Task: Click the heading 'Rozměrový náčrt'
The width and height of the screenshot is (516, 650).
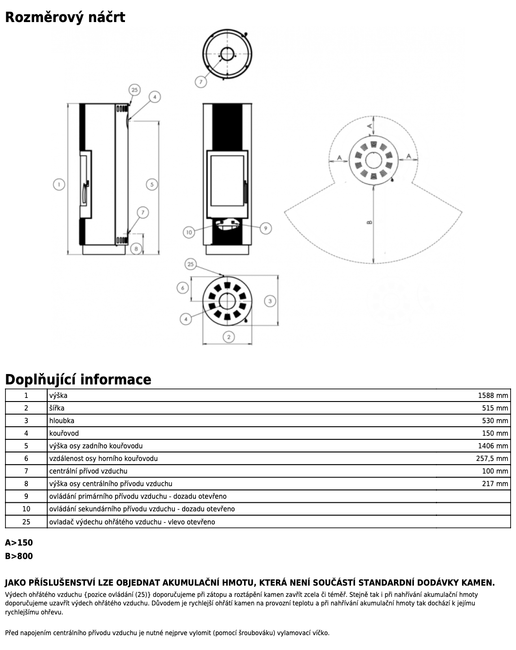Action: (x=65, y=18)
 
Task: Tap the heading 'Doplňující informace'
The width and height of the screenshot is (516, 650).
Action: (x=78, y=379)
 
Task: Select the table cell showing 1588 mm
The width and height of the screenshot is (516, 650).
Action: (x=493, y=396)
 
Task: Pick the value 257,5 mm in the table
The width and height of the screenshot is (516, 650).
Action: (x=492, y=459)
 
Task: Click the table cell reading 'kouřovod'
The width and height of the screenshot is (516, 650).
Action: (x=64, y=433)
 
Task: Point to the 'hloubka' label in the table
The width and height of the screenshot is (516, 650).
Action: (x=62, y=421)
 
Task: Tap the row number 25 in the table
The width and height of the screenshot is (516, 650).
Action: (x=26, y=522)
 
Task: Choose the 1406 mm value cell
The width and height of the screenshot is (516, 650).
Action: (x=493, y=446)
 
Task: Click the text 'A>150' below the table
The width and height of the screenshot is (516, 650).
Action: (x=19, y=543)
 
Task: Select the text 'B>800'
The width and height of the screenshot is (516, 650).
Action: (x=19, y=556)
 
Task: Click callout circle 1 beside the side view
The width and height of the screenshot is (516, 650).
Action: (x=59, y=184)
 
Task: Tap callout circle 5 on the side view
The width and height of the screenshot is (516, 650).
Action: (x=152, y=184)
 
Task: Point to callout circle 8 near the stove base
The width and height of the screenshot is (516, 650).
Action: (x=136, y=248)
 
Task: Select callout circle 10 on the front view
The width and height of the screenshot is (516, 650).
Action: (x=189, y=232)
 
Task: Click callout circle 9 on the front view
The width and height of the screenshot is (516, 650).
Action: (x=266, y=228)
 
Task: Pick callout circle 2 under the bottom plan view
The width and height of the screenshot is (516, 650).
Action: (x=229, y=337)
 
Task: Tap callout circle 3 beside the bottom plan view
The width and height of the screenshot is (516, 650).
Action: (x=270, y=301)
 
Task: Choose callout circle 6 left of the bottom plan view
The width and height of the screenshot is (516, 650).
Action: (x=182, y=288)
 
